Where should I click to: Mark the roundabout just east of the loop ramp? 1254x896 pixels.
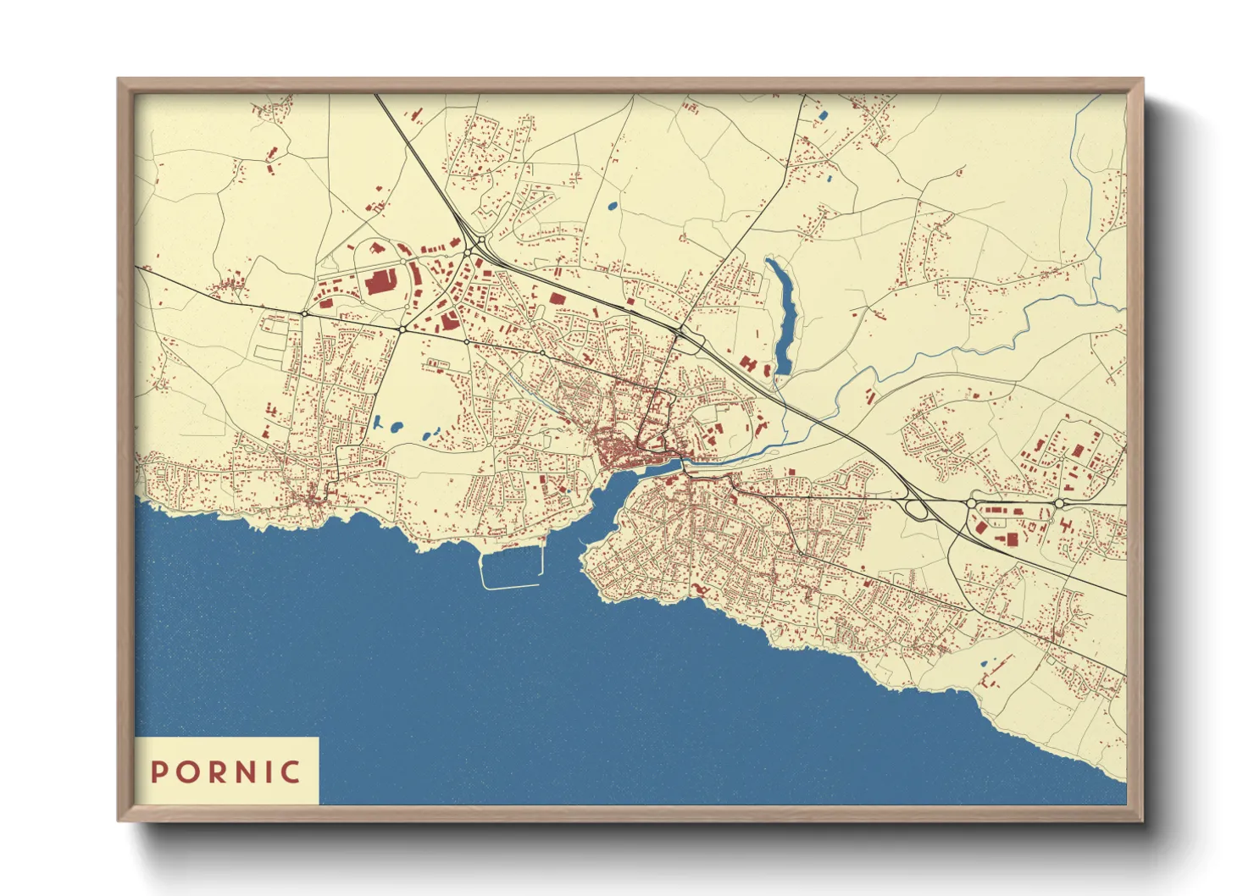(x=970, y=503)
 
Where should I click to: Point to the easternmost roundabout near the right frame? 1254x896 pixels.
(x=1059, y=503)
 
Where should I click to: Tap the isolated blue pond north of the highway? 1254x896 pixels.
(x=612, y=205)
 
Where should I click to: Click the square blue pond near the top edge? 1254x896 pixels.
(x=822, y=114)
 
